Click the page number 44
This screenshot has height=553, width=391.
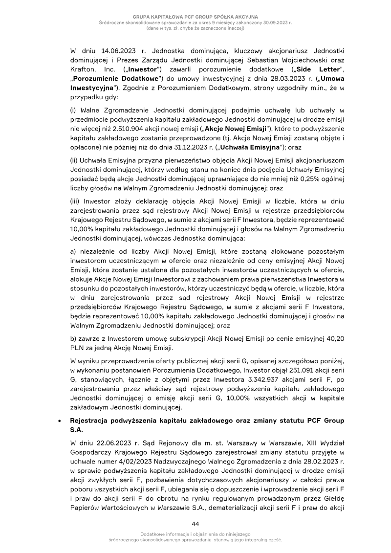click(x=195, y=524)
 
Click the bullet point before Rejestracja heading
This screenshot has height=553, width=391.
click(x=60, y=420)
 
